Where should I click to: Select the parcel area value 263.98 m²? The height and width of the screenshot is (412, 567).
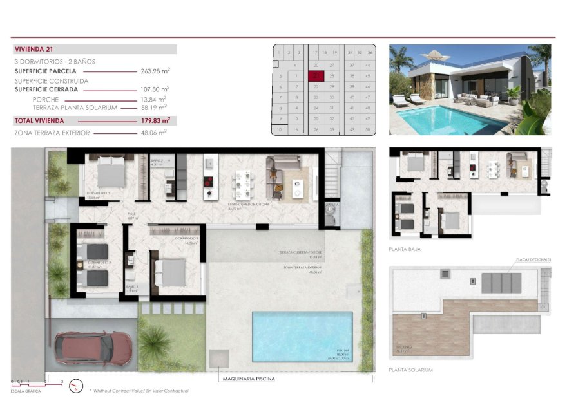click(155, 71)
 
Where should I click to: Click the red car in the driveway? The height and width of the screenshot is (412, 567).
click(93, 348)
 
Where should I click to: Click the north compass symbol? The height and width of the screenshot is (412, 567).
click(75, 387)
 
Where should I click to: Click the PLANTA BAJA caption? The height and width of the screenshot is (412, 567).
click(405, 248)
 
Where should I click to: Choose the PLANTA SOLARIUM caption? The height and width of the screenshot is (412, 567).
click(411, 370)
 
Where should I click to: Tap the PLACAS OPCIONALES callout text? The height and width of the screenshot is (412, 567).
click(533, 259)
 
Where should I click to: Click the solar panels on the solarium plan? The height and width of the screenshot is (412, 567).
click(502, 282)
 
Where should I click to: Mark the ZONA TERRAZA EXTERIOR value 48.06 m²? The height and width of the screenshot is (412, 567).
click(155, 133)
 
